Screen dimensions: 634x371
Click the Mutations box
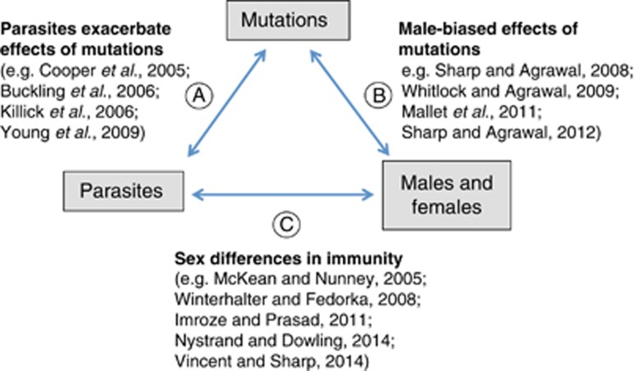coord(288,20)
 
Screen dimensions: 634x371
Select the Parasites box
coord(123,191)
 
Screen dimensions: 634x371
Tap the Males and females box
coord(446,196)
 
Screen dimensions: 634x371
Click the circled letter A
coord(199,96)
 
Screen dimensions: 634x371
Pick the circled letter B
coord(378,96)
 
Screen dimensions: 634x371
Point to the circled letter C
coord(286,224)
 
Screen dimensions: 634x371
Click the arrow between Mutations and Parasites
coord(227,102)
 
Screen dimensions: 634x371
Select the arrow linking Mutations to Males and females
coord(349,102)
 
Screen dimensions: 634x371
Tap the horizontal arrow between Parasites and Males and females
coord(283,195)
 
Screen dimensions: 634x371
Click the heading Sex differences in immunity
coord(288,258)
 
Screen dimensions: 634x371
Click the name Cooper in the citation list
coord(68,70)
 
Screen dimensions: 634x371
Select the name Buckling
coord(33,92)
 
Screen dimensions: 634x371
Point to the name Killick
coord(22,112)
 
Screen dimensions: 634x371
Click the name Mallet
coord(425,112)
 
